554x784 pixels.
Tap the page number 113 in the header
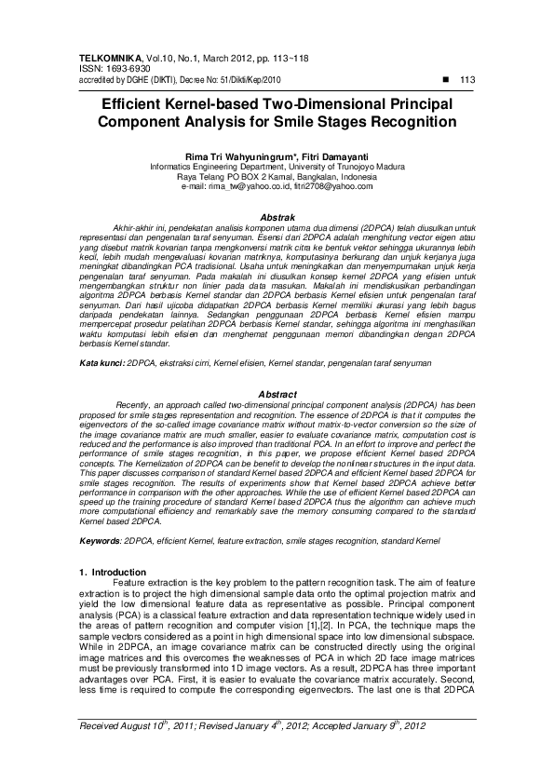pyautogui.click(x=467, y=80)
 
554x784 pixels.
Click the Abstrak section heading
pyautogui.click(x=277, y=216)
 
